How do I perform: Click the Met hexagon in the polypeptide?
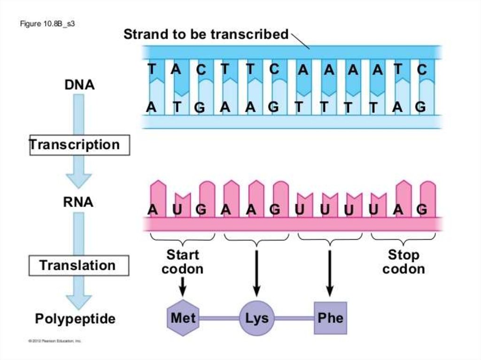(x=183, y=318)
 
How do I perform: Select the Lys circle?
(x=256, y=318)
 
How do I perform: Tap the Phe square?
(x=330, y=318)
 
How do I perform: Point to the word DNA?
(x=79, y=85)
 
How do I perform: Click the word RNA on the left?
(x=78, y=202)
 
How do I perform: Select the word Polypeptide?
(x=75, y=319)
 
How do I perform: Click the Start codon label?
(x=183, y=262)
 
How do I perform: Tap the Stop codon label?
(x=403, y=262)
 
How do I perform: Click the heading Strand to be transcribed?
(x=206, y=34)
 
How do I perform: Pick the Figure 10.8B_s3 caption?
(x=47, y=24)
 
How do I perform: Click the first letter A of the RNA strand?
(x=152, y=210)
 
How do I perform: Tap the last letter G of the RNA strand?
(x=422, y=210)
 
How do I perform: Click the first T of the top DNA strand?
(x=152, y=69)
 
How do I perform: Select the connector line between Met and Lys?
(x=219, y=318)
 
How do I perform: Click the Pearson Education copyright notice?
(x=54, y=341)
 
